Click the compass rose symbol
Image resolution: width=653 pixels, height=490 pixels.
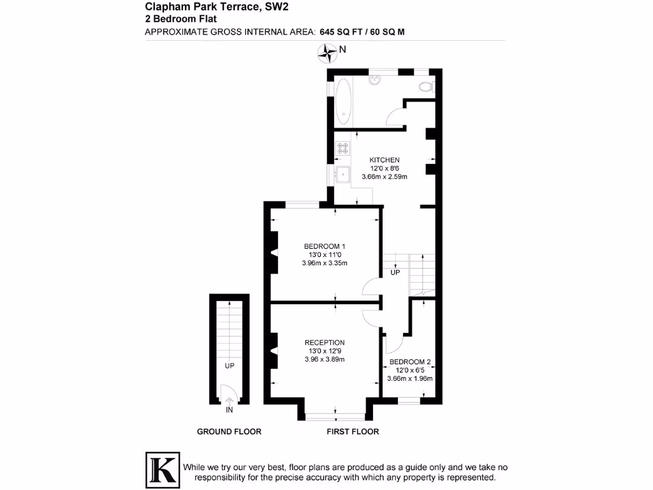click(328, 53)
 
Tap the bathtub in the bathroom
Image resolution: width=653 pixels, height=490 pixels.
click(343, 101)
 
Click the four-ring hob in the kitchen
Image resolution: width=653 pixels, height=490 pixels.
click(343, 148)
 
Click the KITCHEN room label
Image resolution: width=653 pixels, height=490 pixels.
click(385, 160)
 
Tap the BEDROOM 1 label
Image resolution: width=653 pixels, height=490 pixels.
click(325, 246)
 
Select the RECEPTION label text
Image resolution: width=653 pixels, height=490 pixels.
click(325, 343)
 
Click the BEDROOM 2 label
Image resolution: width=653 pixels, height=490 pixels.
click(410, 362)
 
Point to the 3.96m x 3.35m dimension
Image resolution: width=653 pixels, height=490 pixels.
click(325, 263)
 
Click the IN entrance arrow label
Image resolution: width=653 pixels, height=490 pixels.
click(229, 410)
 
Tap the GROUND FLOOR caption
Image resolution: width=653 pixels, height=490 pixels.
click(229, 432)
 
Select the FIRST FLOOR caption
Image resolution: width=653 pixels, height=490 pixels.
click(353, 432)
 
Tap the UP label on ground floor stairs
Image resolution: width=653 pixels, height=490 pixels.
click(229, 366)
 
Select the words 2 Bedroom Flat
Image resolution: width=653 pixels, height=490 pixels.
click(181, 19)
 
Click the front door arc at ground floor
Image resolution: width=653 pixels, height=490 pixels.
click(226, 394)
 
